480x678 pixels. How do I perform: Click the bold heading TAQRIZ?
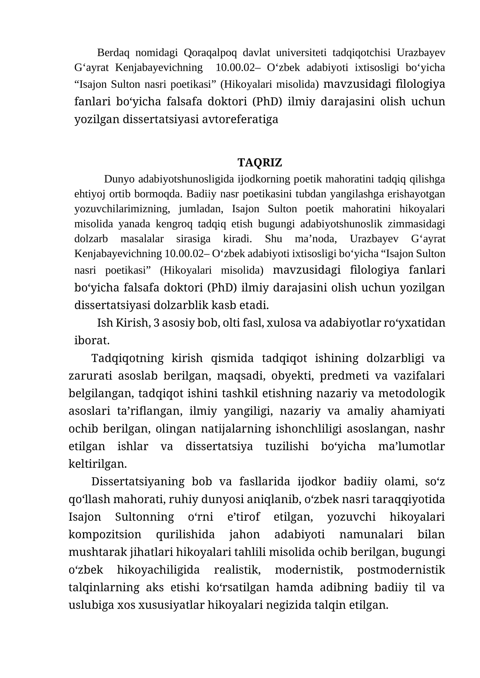point(259,162)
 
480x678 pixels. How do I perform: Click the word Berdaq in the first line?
point(113,53)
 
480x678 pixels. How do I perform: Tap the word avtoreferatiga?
point(240,119)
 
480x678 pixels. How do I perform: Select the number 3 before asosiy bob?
point(156,323)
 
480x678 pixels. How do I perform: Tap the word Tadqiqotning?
point(127,358)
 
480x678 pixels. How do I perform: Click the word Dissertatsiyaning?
point(138,482)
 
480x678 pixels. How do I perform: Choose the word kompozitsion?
point(105,534)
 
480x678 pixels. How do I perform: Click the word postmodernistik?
point(401,570)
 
